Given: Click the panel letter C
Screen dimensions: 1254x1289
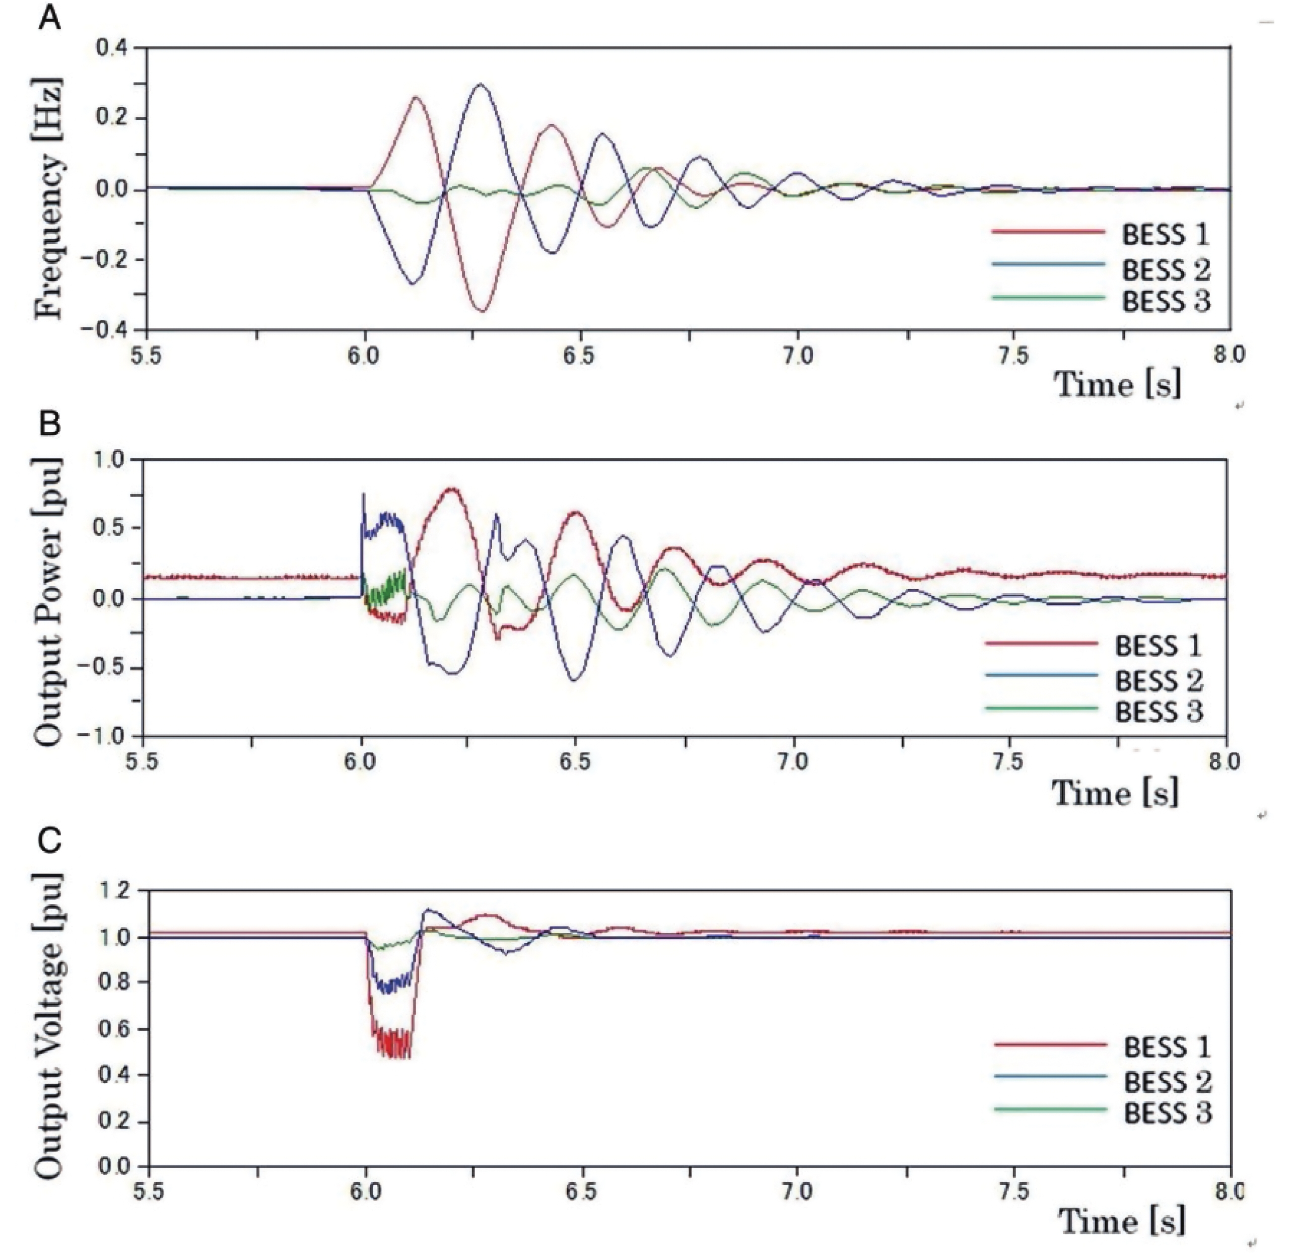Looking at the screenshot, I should click(x=50, y=841).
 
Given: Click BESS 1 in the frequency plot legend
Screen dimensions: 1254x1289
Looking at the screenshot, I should click(x=1165, y=234).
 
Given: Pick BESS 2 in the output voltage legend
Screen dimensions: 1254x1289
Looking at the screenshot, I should click(x=1167, y=1082).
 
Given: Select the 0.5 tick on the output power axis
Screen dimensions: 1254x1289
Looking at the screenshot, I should click(x=109, y=528).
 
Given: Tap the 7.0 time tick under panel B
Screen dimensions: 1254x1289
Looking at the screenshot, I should click(x=793, y=762).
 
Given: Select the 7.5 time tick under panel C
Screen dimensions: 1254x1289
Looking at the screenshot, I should click(x=1013, y=1192).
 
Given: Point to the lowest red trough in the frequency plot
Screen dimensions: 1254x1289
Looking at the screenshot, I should click(x=483, y=311).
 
